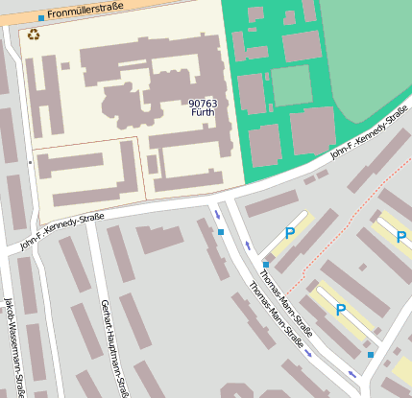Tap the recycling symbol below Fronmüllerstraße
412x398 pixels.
[34, 35]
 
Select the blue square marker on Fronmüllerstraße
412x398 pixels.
[40, 17]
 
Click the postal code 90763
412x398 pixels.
[203, 103]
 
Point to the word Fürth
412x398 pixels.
[203, 112]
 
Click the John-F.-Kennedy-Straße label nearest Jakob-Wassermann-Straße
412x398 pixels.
[61, 230]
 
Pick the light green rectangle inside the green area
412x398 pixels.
[290, 85]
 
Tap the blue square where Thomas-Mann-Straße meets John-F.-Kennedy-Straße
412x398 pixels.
[221, 231]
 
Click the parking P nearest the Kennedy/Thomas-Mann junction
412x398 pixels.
[290, 232]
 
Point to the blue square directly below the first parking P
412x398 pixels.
[266, 264]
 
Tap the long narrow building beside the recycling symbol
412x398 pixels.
[30, 96]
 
